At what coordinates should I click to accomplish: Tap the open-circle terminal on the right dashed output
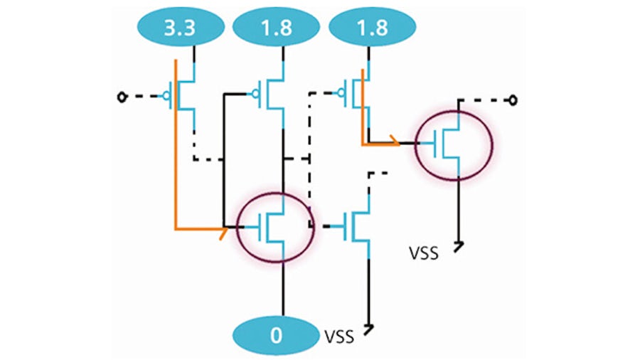pos(510,100)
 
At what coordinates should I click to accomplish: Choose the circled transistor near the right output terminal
pos(453,143)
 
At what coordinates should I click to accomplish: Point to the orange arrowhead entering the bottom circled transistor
pos(224,229)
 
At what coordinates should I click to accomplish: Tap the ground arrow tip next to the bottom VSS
pos(368,329)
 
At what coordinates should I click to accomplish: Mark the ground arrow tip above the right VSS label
pos(459,246)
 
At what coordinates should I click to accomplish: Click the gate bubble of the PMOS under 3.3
pos(169,97)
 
